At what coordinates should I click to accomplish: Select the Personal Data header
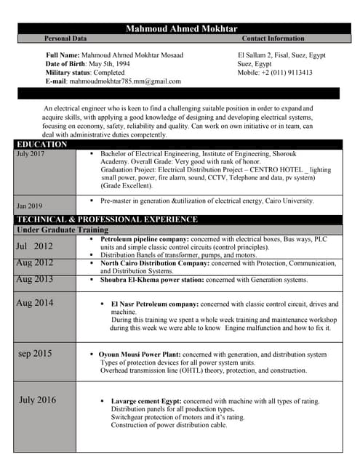pyautogui.click(x=65, y=38)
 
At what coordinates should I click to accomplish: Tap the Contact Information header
pyautogui.click(x=273, y=38)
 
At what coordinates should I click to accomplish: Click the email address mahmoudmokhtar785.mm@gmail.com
pyautogui.click(x=125, y=81)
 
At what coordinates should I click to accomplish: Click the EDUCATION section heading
pyautogui.click(x=41, y=144)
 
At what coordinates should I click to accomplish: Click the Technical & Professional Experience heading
pyautogui.click(x=106, y=219)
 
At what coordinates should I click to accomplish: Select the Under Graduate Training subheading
pyautogui.click(x=62, y=230)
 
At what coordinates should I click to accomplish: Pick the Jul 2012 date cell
pyautogui.click(x=34, y=246)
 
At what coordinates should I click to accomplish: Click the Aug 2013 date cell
pyautogui.click(x=34, y=279)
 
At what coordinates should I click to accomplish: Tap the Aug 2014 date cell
pyautogui.click(x=34, y=303)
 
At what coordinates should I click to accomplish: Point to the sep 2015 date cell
pyautogui.click(x=35, y=354)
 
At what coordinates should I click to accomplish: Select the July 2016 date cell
pyautogui.click(x=37, y=400)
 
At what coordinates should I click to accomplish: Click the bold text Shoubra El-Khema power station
pyautogui.click(x=151, y=279)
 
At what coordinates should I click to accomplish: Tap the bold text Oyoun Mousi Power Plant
pyautogui.click(x=140, y=355)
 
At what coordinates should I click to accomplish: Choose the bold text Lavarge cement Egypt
pyautogui.click(x=145, y=401)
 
